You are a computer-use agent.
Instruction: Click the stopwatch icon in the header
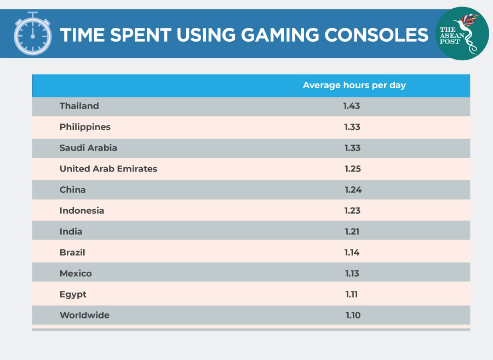click(x=32, y=35)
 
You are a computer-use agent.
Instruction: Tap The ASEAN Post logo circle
click(x=462, y=33)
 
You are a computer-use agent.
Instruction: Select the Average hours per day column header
click(x=354, y=85)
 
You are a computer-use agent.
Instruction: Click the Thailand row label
click(x=79, y=106)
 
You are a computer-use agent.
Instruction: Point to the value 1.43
click(x=352, y=106)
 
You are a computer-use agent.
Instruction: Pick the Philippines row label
click(x=85, y=127)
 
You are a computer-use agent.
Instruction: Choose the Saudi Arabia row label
click(x=88, y=148)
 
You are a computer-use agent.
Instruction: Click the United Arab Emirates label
click(x=108, y=169)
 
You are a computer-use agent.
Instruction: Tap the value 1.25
click(x=353, y=169)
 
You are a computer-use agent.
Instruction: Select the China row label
click(x=73, y=190)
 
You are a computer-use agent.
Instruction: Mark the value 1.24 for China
click(x=353, y=190)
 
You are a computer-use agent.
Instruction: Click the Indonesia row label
click(x=82, y=210)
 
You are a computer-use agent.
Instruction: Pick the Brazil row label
click(x=72, y=253)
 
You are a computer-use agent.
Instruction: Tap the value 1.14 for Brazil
click(x=352, y=253)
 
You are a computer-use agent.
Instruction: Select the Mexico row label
click(x=76, y=273)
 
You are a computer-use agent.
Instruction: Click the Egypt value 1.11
click(x=352, y=294)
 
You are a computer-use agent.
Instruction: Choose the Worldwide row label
click(x=84, y=315)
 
